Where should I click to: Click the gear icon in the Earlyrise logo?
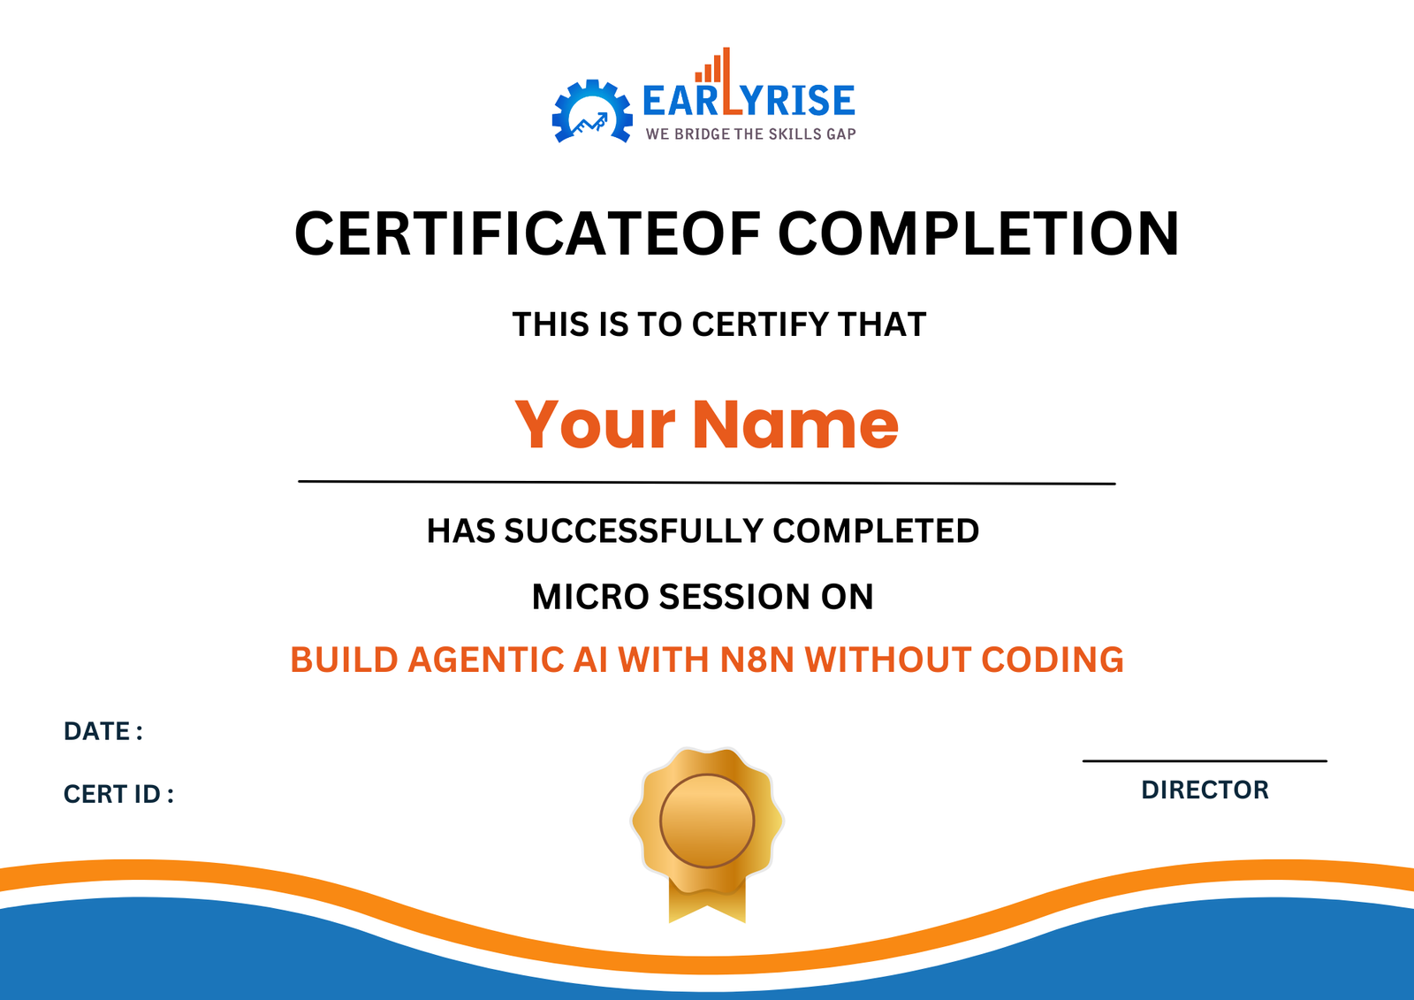point(591,112)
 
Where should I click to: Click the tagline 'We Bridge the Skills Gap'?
point(750,134)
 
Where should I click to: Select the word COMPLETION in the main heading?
point(978,234)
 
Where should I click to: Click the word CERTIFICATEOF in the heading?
point(528,234)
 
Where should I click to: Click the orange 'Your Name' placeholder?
point(706,424)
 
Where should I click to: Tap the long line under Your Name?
point(706,483)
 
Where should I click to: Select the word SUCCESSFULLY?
point(633,531)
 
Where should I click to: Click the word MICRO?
point(589,598)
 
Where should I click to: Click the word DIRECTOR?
point(1205,790)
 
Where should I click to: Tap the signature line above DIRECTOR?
point(1205,760)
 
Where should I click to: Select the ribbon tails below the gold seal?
point(707,904)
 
